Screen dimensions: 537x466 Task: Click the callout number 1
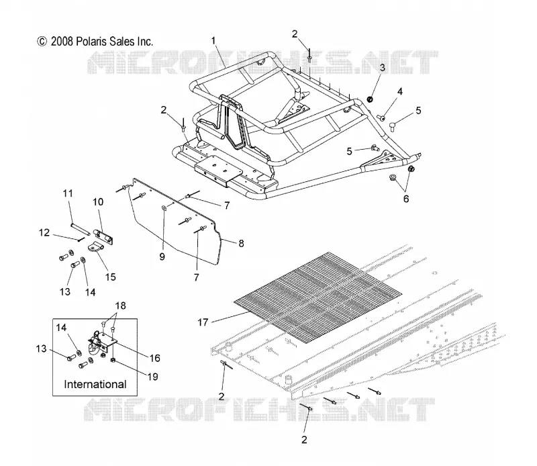213,41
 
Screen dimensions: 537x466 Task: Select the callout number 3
382,68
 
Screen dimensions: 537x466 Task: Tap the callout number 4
399,91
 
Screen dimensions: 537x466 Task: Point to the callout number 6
406,199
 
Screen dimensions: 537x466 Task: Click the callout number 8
241,243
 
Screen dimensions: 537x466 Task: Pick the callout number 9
162,257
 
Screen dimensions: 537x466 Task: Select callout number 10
98,202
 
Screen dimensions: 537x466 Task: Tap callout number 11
68,193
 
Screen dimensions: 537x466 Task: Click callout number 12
44,232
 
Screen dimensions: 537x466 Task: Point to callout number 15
110,277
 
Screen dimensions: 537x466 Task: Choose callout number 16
155,358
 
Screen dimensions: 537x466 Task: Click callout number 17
203,322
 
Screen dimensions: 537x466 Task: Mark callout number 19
152,377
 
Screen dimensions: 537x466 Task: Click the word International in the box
95,384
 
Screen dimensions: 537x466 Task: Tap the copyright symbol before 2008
42,42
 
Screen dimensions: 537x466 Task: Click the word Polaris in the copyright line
87,42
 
